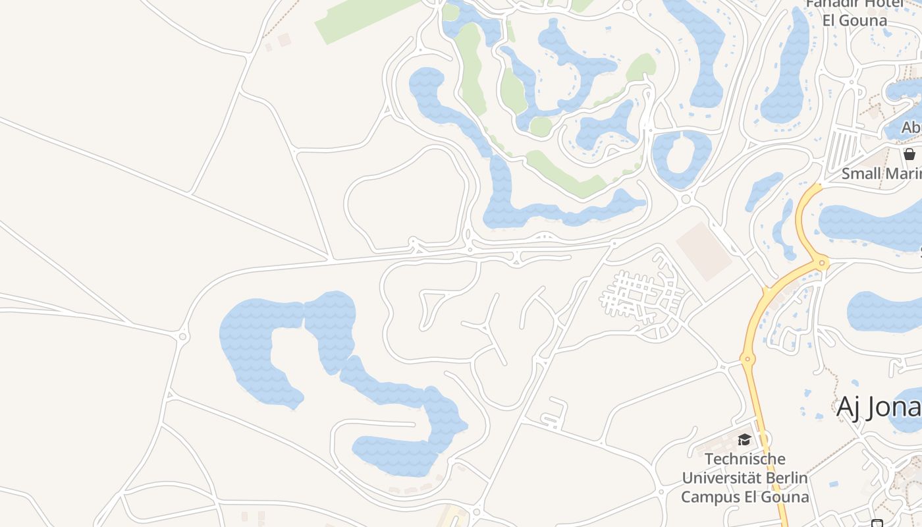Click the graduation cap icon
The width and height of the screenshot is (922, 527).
tap(744, 439)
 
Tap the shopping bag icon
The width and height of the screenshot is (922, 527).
tap(909, 154)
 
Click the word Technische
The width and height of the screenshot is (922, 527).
tap(745, 459)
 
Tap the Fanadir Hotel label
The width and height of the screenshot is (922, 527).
tap(855, 11)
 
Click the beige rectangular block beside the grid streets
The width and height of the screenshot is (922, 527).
tap(704, 250)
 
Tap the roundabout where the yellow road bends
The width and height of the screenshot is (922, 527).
tap(822, 263)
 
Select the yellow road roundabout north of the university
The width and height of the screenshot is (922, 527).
tap(747, 360)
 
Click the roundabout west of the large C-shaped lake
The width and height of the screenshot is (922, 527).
tap(183, 337)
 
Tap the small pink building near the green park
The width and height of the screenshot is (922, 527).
tap(284, 40)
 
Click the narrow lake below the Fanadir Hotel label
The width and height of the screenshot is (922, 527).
tap(786, 72)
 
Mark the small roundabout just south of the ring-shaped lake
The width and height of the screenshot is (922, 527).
tap(686, 199)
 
